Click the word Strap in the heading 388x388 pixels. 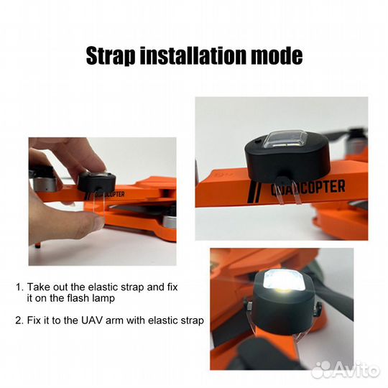click(111, 56)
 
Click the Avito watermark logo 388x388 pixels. click(346, 370)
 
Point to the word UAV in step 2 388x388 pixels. click(91, 320)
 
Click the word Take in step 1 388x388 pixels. click(38, 287)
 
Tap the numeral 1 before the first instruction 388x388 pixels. click(19, 287)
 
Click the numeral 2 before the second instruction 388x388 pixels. click(19, 320)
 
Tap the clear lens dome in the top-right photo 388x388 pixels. click(285, 139)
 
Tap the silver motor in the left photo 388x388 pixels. click(44, 183)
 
